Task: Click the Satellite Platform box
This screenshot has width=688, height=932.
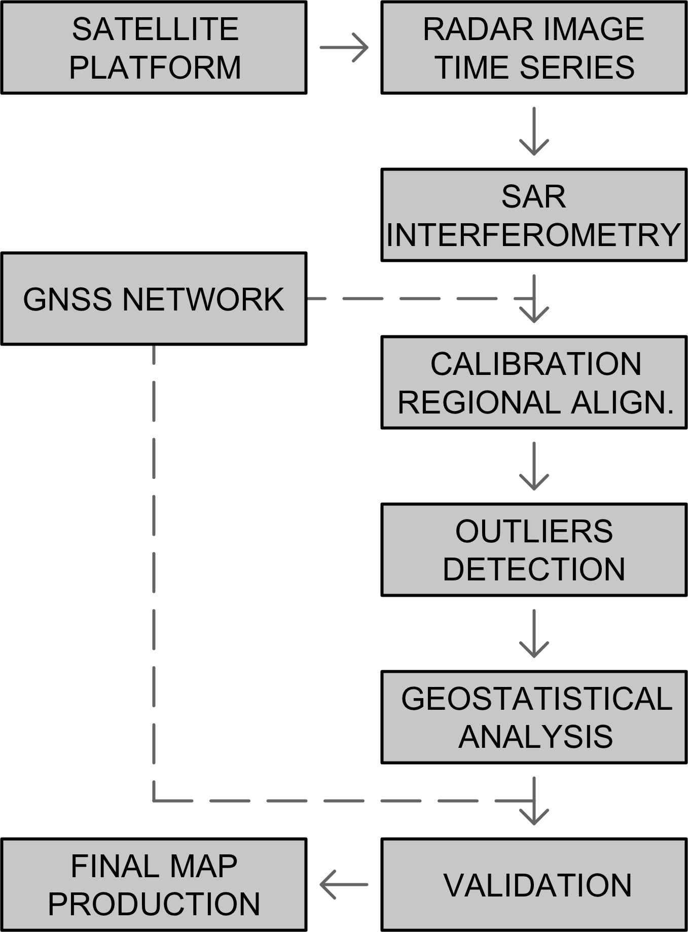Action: (x=154, y=48)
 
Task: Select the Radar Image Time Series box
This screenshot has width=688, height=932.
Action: (x=534, y=48)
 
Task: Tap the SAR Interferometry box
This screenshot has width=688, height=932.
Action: (x=534, y=215)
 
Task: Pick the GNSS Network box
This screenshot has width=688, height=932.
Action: (x=154, y=299)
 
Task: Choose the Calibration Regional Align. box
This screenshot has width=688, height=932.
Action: (x=534, y=383)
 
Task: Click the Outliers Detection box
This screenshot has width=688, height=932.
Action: (x=534, y=550)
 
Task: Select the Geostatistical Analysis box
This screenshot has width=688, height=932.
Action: (x=534, y=717)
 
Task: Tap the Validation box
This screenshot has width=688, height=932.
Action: (x=534, y=885)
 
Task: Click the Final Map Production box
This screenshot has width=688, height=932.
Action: (x=154, y=885)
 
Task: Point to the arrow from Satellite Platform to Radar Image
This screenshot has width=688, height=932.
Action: (x=344, y=48)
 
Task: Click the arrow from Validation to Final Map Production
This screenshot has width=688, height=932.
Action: (x=344, y=885)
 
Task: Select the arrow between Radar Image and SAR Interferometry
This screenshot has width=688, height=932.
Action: (x=534, y=131)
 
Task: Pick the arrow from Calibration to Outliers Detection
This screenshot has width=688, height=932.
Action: (x=534, y=466)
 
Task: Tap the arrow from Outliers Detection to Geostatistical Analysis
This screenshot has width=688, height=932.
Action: (x=534, y=633)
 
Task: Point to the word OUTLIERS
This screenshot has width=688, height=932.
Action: (x=534, y=531)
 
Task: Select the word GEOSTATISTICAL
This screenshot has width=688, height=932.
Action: (x=536, y=699)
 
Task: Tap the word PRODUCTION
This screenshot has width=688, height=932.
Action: (x=154, y=904)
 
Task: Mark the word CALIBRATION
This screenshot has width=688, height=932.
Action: (x=536, y=364)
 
